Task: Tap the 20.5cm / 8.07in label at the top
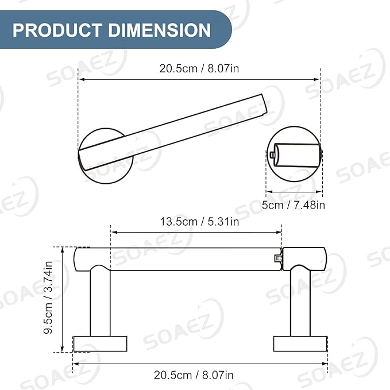click(x=199, y=69)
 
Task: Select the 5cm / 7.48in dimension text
click(x=294, y=205)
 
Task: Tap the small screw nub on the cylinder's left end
click(x=271, y=155)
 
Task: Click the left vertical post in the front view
click(x=100, y=302)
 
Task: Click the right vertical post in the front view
click(x=300, y=302)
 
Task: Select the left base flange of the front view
click(x=100, y=343)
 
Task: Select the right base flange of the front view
click(x=300, y=343)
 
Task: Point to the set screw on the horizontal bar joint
click(x=279, y=259)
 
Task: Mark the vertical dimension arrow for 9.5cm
click(x=62, y=299)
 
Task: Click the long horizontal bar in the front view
click(x=184, y=259)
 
